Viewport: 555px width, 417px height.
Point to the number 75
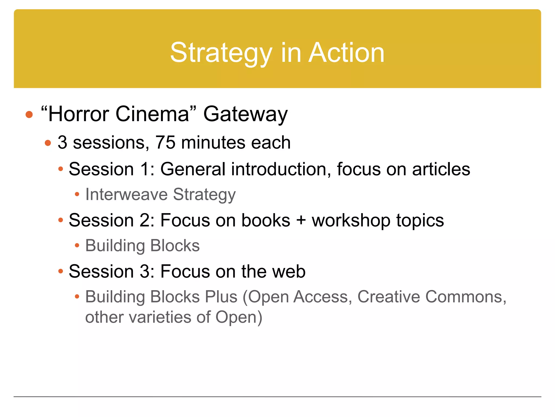[165, 142]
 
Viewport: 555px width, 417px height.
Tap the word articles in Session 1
[441, 169]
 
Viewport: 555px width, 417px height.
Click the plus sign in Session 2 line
[301, 220]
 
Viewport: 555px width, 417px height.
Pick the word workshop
[351, 220]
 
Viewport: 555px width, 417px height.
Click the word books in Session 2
[266, 220]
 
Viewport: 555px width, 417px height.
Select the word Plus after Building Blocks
[221, 296]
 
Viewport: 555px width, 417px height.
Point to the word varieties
[160, 317]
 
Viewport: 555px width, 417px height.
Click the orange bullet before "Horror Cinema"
[29, 115]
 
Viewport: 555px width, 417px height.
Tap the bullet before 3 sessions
[48, 143]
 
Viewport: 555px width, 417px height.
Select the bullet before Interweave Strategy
[77, 194]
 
